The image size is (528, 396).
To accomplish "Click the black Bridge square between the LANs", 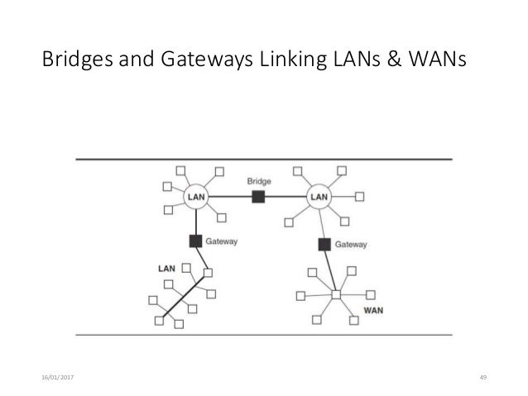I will pyautogui.click(x=258, y=197).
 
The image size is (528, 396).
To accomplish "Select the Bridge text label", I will pyautogui.click(x=258, y=180).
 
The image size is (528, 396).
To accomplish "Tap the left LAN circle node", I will pyautogui.click(x=195, y=197).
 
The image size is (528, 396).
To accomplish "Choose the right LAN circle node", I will pyautogui.click(x=319, y=197).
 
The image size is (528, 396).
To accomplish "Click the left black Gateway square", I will pyautogui.click(x=196, y=241).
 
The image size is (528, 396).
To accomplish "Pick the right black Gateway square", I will pyautogui.click(x=325, y=244).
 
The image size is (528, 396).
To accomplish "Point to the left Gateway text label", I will pyautogui.click(x=222, y=242).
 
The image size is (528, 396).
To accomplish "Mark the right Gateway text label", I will pyautogui.click(x=351, y=245).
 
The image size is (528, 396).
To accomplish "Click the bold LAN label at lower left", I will pyautogui.click(x=166, y=269).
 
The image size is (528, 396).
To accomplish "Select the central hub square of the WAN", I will pyautogui.click(x=336, y=294).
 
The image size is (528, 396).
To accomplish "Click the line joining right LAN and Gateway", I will pyautogui.click(x=322, y=223).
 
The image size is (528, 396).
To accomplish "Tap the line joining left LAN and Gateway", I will pyautogui.click(x=196, y=222).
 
